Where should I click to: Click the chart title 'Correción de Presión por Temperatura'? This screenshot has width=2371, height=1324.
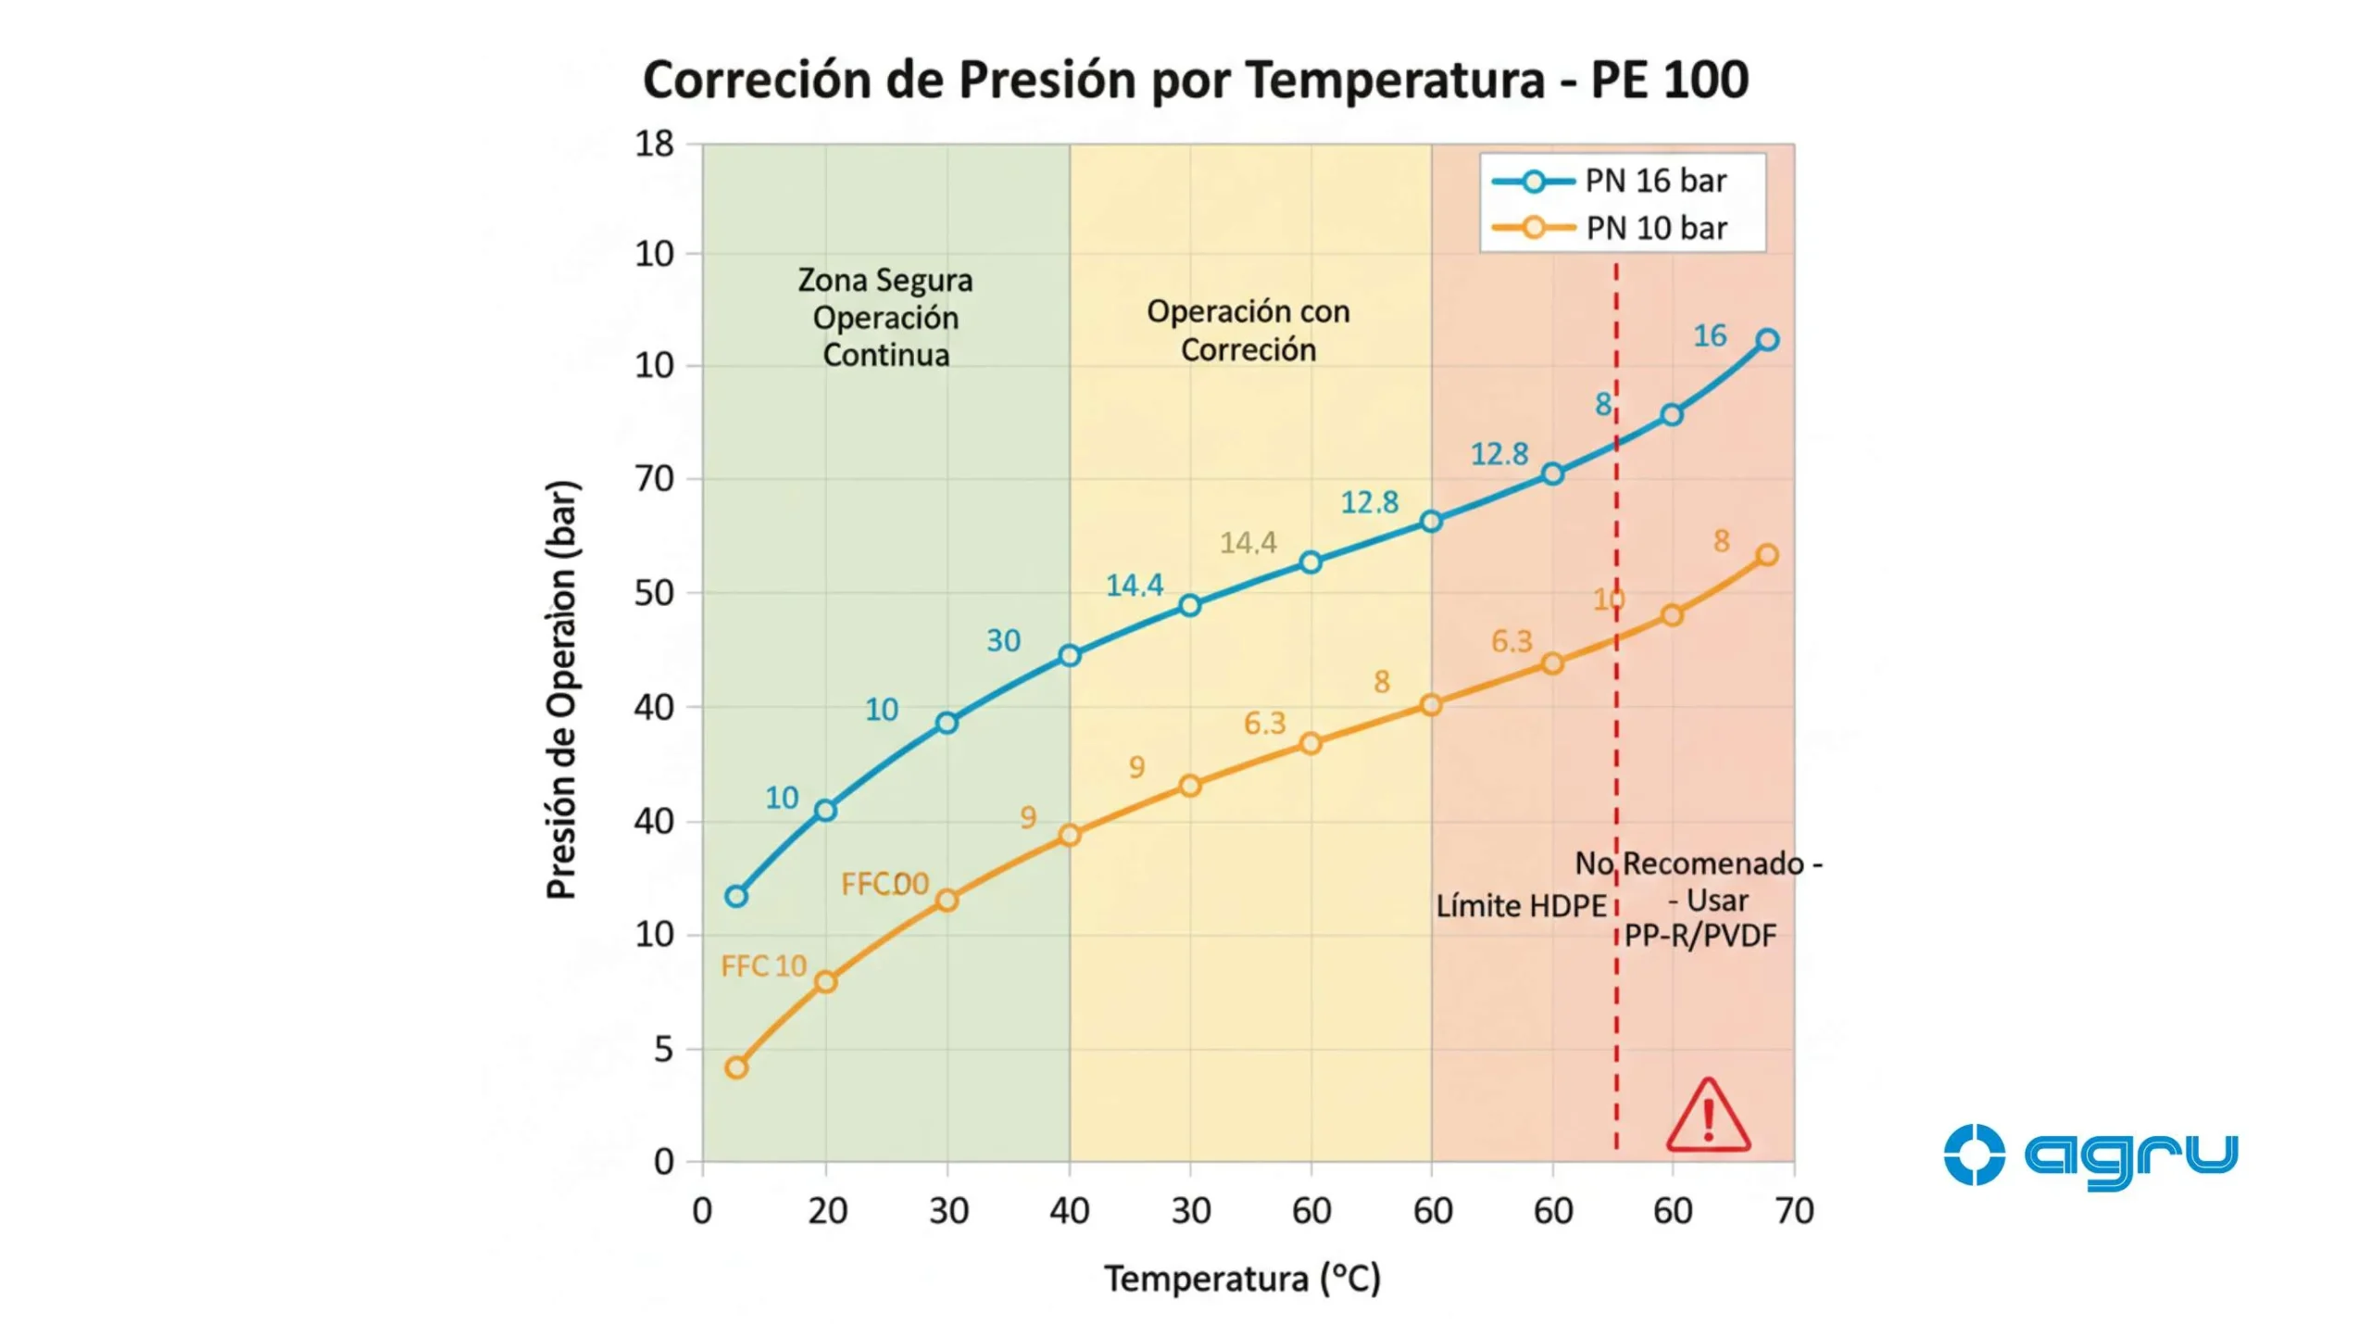pos(1195,80)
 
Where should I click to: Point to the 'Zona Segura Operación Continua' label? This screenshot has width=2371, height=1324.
pos(885,318)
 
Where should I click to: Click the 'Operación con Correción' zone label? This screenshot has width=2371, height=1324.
pos(1248,331)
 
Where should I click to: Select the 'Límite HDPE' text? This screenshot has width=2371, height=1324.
pos(1520,906)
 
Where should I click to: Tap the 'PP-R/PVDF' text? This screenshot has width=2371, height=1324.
pos(1700,936)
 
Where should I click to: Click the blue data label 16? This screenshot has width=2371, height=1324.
pos(1710,335)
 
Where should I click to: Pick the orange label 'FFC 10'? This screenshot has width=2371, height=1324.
pos(763,966)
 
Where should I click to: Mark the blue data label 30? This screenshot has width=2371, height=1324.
pos(1003,640)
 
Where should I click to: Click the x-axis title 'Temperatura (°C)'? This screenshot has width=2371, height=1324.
pos(1242,1279)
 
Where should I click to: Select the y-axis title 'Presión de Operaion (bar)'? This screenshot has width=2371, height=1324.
pos(561,689)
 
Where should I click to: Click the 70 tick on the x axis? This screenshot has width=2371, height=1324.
pos(1794,1211)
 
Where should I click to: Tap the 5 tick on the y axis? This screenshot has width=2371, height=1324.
pos(663,1050)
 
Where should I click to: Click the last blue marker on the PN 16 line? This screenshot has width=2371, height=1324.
pos(1767,340)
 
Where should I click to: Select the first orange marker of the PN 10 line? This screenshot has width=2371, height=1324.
pos(736,1067)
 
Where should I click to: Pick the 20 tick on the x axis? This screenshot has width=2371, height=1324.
pos(826,1211)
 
